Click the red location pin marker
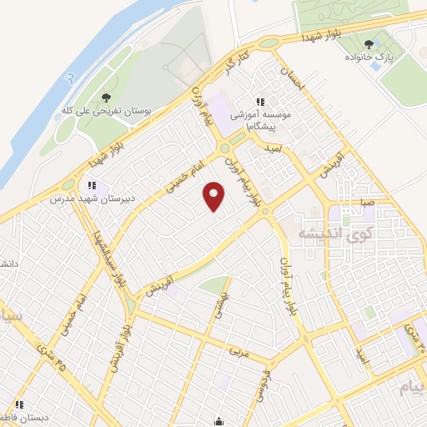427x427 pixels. click(215, 197)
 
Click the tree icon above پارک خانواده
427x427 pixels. click(369, 44)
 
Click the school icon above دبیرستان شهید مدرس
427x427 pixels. click(91, 185)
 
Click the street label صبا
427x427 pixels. click(368, 202)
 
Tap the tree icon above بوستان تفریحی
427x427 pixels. click(105, 97)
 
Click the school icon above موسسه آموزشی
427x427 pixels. click(261, 103)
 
